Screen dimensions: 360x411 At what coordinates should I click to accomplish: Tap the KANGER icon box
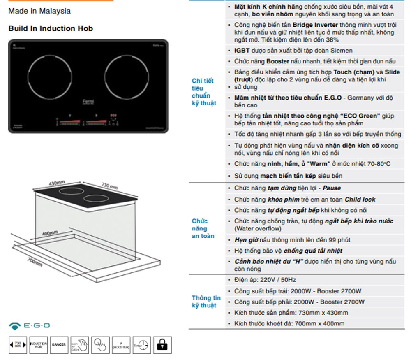click(59, 344)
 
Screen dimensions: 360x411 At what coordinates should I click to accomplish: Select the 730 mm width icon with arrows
click(18, 344)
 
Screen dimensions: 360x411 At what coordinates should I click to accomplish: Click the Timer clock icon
click(141, 344)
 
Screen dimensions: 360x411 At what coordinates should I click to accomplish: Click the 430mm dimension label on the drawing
click(57, 182)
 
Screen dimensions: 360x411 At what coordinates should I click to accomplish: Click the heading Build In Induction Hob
click(51, 28)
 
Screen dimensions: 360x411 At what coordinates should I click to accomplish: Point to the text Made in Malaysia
click(39, 11)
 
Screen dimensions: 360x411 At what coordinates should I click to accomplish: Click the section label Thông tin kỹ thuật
click(206, 302)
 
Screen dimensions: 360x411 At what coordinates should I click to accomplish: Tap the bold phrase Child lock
click(360, 200)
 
